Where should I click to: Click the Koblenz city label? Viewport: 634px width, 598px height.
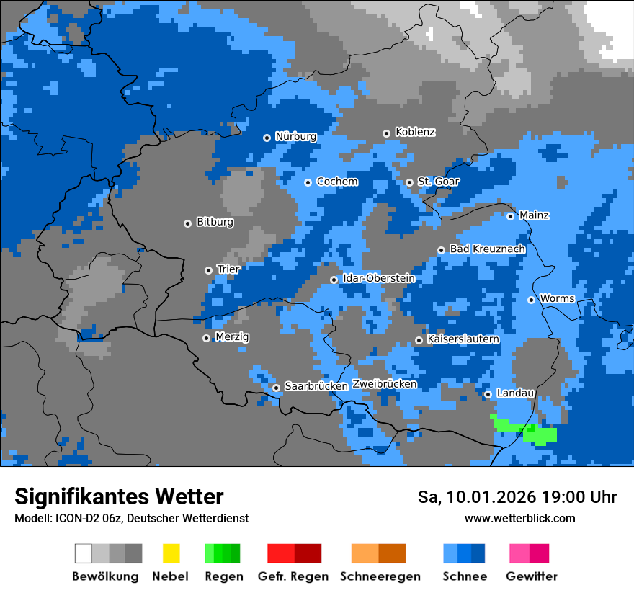point(415,132)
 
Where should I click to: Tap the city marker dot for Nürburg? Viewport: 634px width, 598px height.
point(267,137)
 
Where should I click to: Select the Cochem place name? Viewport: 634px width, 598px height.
point(337,182)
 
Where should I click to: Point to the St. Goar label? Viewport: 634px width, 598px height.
point(438,182)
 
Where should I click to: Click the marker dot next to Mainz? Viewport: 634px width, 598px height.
point(510,216)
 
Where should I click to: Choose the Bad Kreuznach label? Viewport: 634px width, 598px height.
point(487,249)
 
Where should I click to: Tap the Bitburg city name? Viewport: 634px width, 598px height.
point(215,222)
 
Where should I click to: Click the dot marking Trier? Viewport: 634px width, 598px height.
point(209,270)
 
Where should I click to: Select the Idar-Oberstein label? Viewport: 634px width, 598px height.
point(378,278)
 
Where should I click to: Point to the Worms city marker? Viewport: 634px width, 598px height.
point(531,300)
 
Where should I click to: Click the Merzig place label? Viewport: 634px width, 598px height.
point(232,336)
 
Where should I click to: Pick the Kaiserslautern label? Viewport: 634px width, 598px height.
point(463,339)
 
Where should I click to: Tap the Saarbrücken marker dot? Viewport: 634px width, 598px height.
point(276,388)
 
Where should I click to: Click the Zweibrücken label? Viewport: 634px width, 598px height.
point(384,384)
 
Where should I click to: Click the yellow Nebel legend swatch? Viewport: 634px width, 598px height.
point(170,553)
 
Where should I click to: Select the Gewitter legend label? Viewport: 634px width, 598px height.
point(531,576)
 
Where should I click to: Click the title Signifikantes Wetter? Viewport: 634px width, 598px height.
point(119,496)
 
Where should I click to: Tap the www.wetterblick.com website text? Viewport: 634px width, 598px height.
point(519,518)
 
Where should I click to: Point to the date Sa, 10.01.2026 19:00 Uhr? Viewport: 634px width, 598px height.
point(517,497)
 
